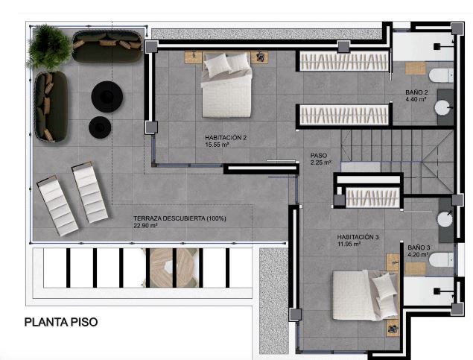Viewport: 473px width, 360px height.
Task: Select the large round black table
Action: (107, 96)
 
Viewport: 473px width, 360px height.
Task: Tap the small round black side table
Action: (98, 127)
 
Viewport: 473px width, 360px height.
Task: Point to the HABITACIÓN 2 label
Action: (226, 138)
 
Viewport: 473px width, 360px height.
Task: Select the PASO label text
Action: (318, 157)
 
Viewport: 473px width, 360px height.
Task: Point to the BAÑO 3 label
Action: (419, 247)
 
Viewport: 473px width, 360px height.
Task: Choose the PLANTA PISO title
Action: (61, 323)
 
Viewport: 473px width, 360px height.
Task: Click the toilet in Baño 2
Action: (440, 74)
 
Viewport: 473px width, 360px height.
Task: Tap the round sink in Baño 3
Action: (446, 220)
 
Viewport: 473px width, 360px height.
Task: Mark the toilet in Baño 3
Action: (441, 259)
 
